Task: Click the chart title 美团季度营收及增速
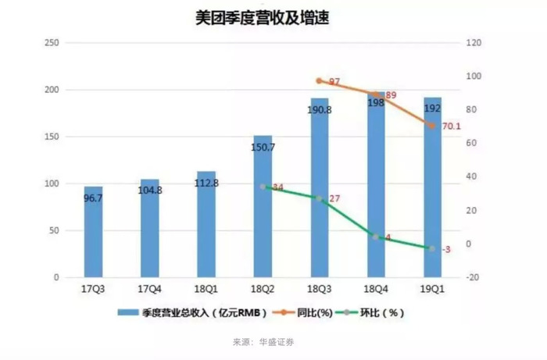click(x=273, y=17)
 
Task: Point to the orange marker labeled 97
click(x=319, y=81)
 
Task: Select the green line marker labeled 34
click(x=263, y=187)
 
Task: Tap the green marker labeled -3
click(x=432, y=248)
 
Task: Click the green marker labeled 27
click(x=319, y=198)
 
